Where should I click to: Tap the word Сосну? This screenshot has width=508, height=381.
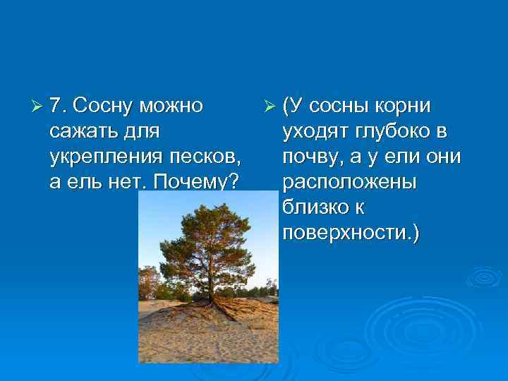[x=104, y=107]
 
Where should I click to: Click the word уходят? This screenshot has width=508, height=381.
[x=312, y=132]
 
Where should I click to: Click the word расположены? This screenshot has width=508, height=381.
[x=349, y=182]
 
